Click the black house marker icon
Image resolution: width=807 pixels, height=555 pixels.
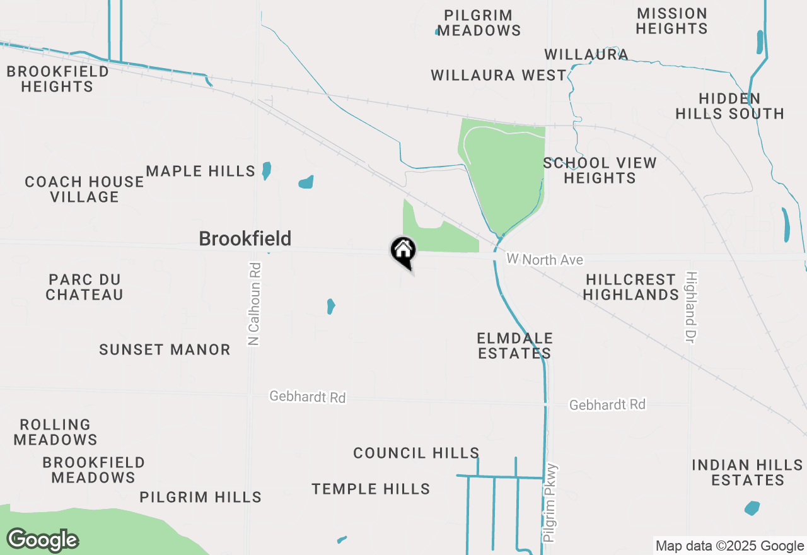coord(403,251)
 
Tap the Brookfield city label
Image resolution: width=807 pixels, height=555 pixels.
coord(245,238)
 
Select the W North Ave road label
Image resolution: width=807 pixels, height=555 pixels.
coord(545,260)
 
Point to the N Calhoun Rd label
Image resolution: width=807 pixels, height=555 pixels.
coord(255,304)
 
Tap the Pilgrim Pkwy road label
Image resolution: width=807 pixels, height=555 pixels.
coord(550,503)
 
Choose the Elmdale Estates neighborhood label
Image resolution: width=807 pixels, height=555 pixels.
coord(514,346)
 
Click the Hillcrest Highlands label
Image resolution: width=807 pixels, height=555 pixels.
coord(630,287)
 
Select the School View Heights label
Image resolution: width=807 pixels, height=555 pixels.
coord(600,170)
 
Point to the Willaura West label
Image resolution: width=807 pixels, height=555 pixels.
coord(499,76)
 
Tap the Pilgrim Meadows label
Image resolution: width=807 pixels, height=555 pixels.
coord(479,23)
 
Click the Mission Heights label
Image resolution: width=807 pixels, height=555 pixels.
coord(671,21)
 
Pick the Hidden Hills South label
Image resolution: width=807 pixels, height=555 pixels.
coord(729,106)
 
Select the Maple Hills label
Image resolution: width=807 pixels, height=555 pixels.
coord(200,171)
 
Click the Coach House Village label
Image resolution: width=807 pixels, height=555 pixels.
coord(84,189)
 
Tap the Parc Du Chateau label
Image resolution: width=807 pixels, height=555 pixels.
coord(84,287)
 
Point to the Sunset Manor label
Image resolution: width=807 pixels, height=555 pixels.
coord(165,349)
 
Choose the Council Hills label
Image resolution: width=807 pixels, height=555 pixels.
coord(416,453)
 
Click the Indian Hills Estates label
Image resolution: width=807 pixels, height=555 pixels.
coord(747,472)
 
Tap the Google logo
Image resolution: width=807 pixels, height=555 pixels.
coord(42,540)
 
